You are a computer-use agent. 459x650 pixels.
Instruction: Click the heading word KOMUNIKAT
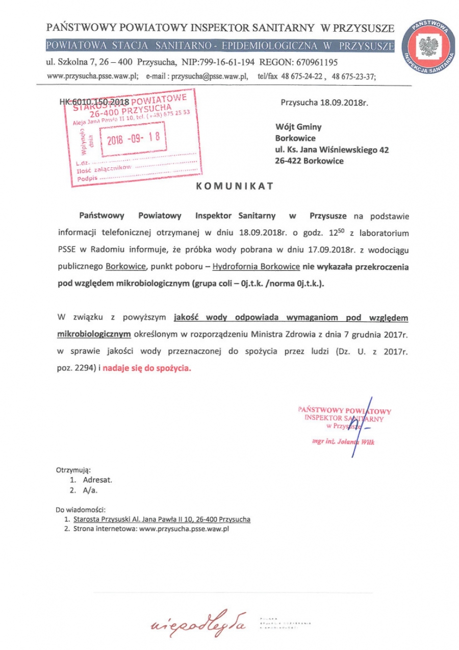(235, 186)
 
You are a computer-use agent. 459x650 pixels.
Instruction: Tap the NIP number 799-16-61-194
(215, 62)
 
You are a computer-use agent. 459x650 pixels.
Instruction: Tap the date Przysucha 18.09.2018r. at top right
(324, 102)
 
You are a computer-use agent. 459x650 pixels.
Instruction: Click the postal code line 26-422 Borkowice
(309, 161)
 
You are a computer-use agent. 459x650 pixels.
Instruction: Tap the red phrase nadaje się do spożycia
(147, 367)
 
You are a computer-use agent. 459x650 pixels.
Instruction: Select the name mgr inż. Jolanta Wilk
(343, 442)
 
